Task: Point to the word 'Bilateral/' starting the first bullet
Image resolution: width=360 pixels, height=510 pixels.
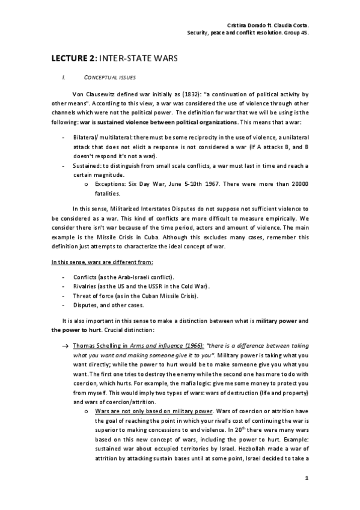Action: point(88,138)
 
